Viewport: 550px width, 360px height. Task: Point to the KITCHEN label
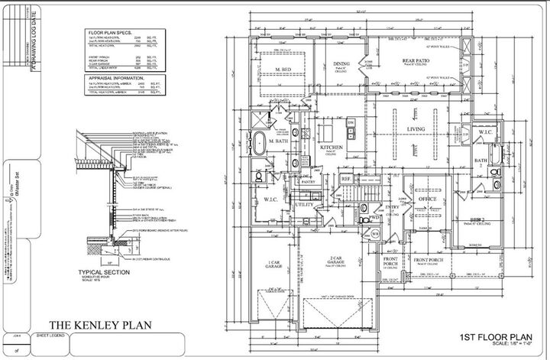330,146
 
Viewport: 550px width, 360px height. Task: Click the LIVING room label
416,130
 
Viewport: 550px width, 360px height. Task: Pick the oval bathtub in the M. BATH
258,144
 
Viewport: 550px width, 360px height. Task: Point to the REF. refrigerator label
345,179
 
